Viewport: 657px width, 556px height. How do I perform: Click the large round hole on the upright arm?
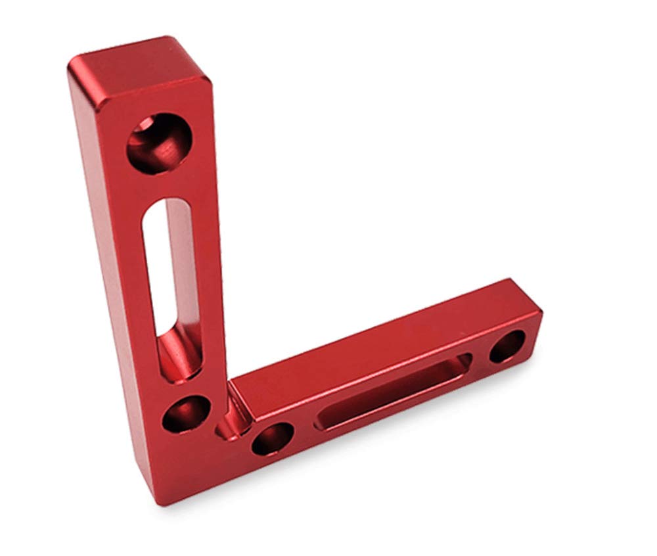coord(159,143)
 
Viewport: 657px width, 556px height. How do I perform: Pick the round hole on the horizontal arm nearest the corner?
coord(272,438)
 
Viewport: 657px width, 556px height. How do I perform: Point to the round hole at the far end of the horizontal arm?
coord(507,346)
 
